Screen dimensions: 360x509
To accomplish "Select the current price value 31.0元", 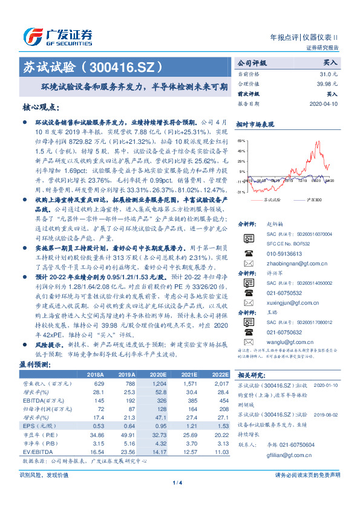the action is (x=330, y=74).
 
